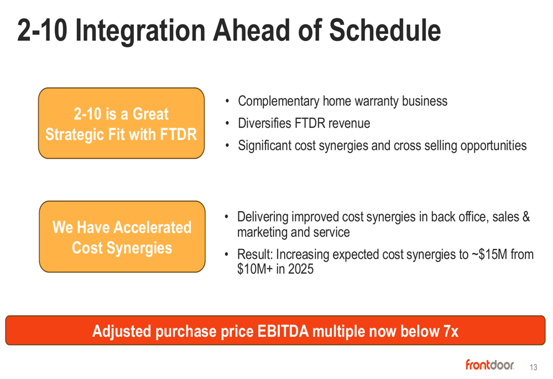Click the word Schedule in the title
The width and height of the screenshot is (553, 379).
click(x=385, y=30)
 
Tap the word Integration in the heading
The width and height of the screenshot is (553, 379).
click(x=140, y=31)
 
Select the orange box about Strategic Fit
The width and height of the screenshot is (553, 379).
click(x=121, y=123)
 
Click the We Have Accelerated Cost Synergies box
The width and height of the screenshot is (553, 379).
click(x=122, y=236)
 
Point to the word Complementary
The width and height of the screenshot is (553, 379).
click(x=279, y=102)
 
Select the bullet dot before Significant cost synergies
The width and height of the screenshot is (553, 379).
click(x=227, y=146)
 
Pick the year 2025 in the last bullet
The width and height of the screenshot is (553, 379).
click(x=300, y=269)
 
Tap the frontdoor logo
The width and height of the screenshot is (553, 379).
click(x=489, y=365)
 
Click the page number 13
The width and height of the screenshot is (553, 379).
click(x=533, y=367)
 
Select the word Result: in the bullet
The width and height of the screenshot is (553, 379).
click(x=255, y=254)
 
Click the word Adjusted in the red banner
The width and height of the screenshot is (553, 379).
click(x=122, y=332)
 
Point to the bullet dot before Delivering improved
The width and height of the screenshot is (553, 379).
click(x=227, y=217)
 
